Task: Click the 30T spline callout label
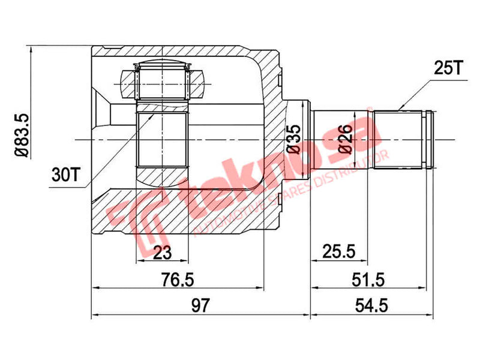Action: [64, 175]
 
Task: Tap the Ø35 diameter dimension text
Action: [294, 139]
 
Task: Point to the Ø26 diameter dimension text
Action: [344, 139]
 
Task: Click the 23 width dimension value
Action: [161, 253]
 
